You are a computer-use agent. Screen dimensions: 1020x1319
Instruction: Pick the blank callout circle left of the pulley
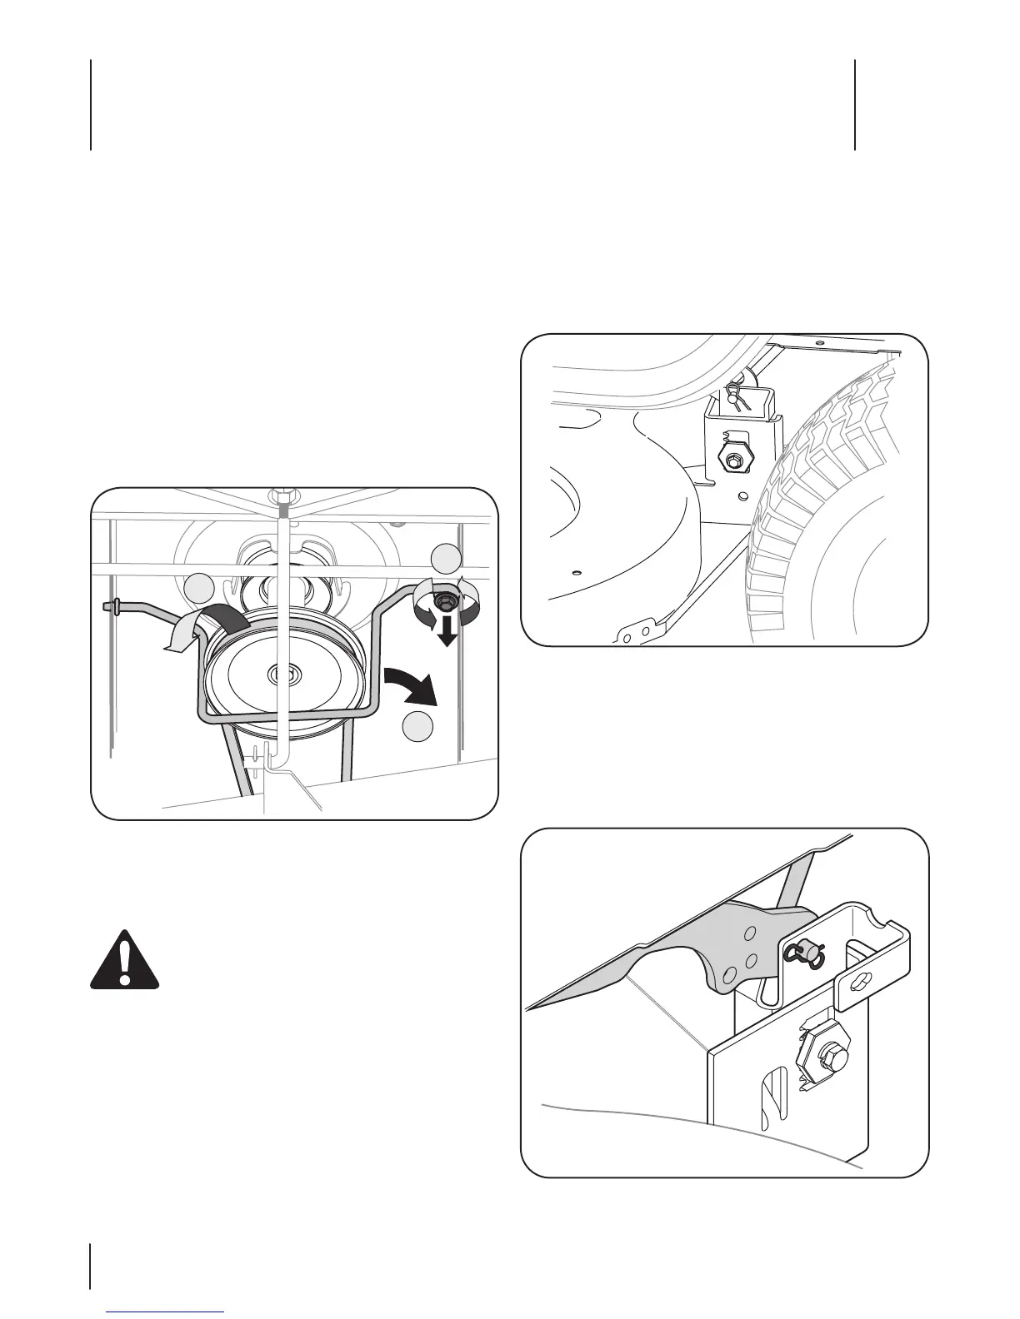point(199,587)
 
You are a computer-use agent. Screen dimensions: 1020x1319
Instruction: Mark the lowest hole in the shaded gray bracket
point(729,972)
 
